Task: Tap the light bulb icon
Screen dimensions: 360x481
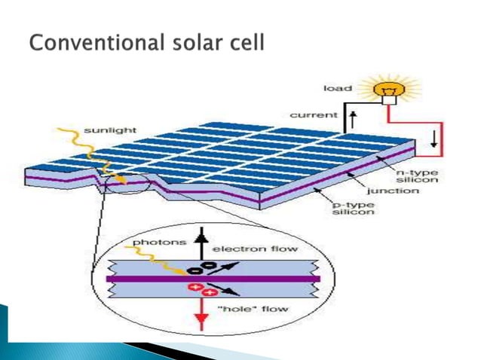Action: [391, 87]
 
